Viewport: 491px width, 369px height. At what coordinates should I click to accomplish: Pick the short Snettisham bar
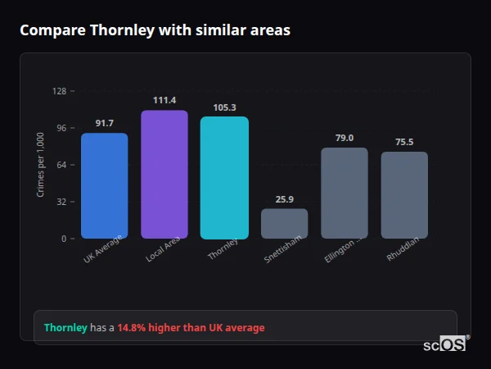click(285, 223)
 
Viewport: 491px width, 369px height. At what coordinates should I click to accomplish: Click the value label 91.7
click(104, 123)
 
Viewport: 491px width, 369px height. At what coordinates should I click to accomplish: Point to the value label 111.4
click(164, 100)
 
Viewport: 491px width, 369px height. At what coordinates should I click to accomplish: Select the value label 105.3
click(224, 107)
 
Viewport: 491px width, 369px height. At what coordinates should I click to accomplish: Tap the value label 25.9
click(285, 199)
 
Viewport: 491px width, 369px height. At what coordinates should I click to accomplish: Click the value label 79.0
click(345, 138)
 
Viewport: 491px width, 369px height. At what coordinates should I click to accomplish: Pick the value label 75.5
click(404, 142)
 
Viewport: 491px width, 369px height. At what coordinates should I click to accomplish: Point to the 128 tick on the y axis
click(59, 91)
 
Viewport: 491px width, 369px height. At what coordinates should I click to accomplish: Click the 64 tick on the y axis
click(61, 165)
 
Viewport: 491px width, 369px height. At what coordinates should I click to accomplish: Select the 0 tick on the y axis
click(64, 239)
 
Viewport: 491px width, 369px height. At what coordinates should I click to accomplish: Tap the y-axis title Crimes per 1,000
click(40, 165)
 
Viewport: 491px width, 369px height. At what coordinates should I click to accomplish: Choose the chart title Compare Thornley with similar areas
click(155, 30)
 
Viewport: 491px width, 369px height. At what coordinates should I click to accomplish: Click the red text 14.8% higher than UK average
click(191, 328)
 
